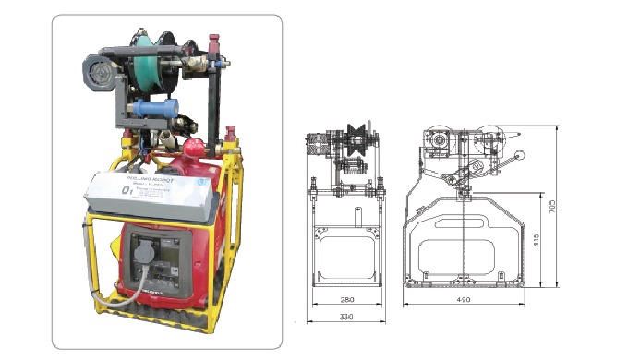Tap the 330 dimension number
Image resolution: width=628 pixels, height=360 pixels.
346,319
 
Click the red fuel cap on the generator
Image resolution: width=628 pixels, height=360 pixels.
194,148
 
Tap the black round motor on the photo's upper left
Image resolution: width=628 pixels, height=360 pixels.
97,71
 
